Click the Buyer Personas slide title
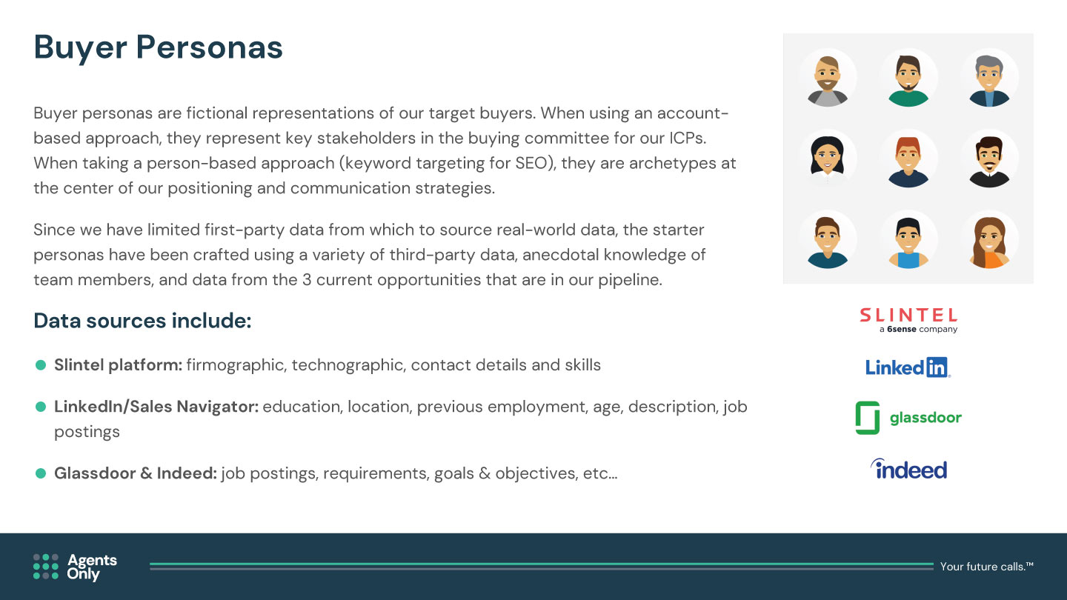[158, 47]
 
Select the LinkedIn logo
[908, 367]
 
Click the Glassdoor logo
[908, 418]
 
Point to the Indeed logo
[908, 469]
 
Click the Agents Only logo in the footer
[76, 567]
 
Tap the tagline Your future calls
[986, 566]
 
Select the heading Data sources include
[142, 321]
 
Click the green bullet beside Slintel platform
[41, 365]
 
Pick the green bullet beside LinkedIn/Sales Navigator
[41, 407]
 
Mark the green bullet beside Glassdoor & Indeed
[41, 473]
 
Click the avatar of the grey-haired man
[989, 79]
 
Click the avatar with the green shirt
[908, 79]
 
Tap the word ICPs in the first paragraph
[688, 138]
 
